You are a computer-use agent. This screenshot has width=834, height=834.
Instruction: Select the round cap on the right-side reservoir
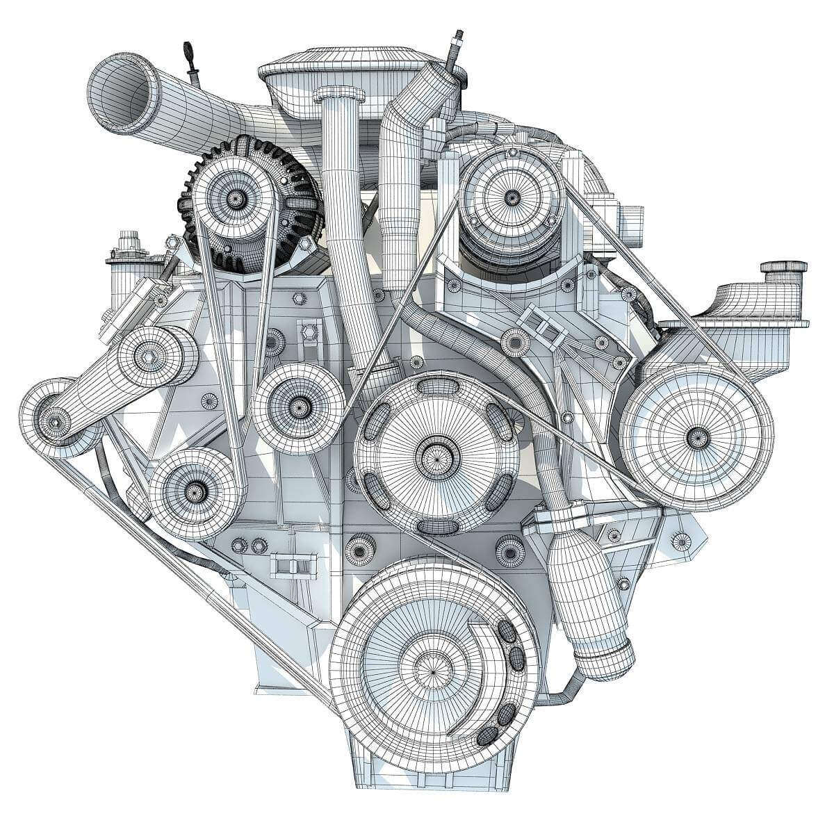tap(785, 267)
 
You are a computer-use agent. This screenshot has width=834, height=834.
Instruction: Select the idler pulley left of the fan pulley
tap(298, 403)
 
